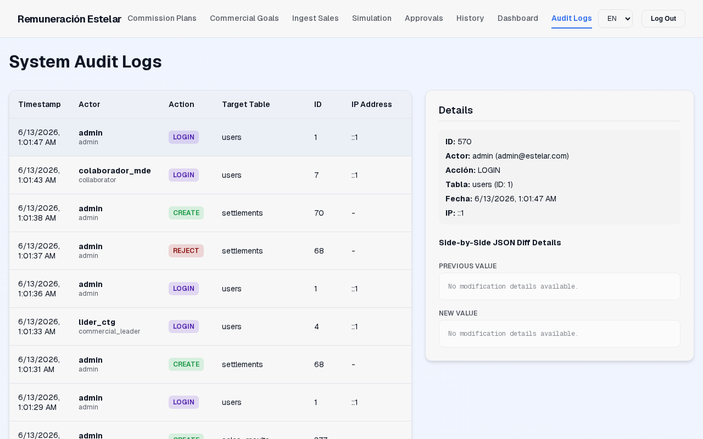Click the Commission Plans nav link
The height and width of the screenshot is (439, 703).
pos(162,19)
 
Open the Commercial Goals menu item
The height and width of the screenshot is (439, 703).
pos(244,19)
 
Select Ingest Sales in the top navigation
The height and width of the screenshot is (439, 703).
pos(315,19)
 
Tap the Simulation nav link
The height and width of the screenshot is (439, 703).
pos(372,19)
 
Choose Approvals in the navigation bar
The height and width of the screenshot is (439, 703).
pos(423,19)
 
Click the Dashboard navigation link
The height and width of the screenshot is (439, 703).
pos(517,19)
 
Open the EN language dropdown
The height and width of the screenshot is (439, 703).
pos(615,19)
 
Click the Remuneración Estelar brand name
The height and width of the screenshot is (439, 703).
pos(69,19)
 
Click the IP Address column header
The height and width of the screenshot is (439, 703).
pos(372,104)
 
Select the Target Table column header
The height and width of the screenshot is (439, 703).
pos(246,104)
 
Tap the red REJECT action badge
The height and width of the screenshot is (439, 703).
pos(186,251)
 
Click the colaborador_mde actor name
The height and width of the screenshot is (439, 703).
pos(115,171)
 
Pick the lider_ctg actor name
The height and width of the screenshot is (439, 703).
pos(97,322)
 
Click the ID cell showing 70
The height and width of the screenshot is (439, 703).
pos(319,213)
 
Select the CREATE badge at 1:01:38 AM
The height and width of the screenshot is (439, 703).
pos(186,213)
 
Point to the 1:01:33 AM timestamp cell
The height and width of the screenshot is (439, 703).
pos(39,327)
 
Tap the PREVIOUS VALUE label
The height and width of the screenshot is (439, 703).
pos(467,266)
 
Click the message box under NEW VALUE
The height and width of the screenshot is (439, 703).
pos(559,334)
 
